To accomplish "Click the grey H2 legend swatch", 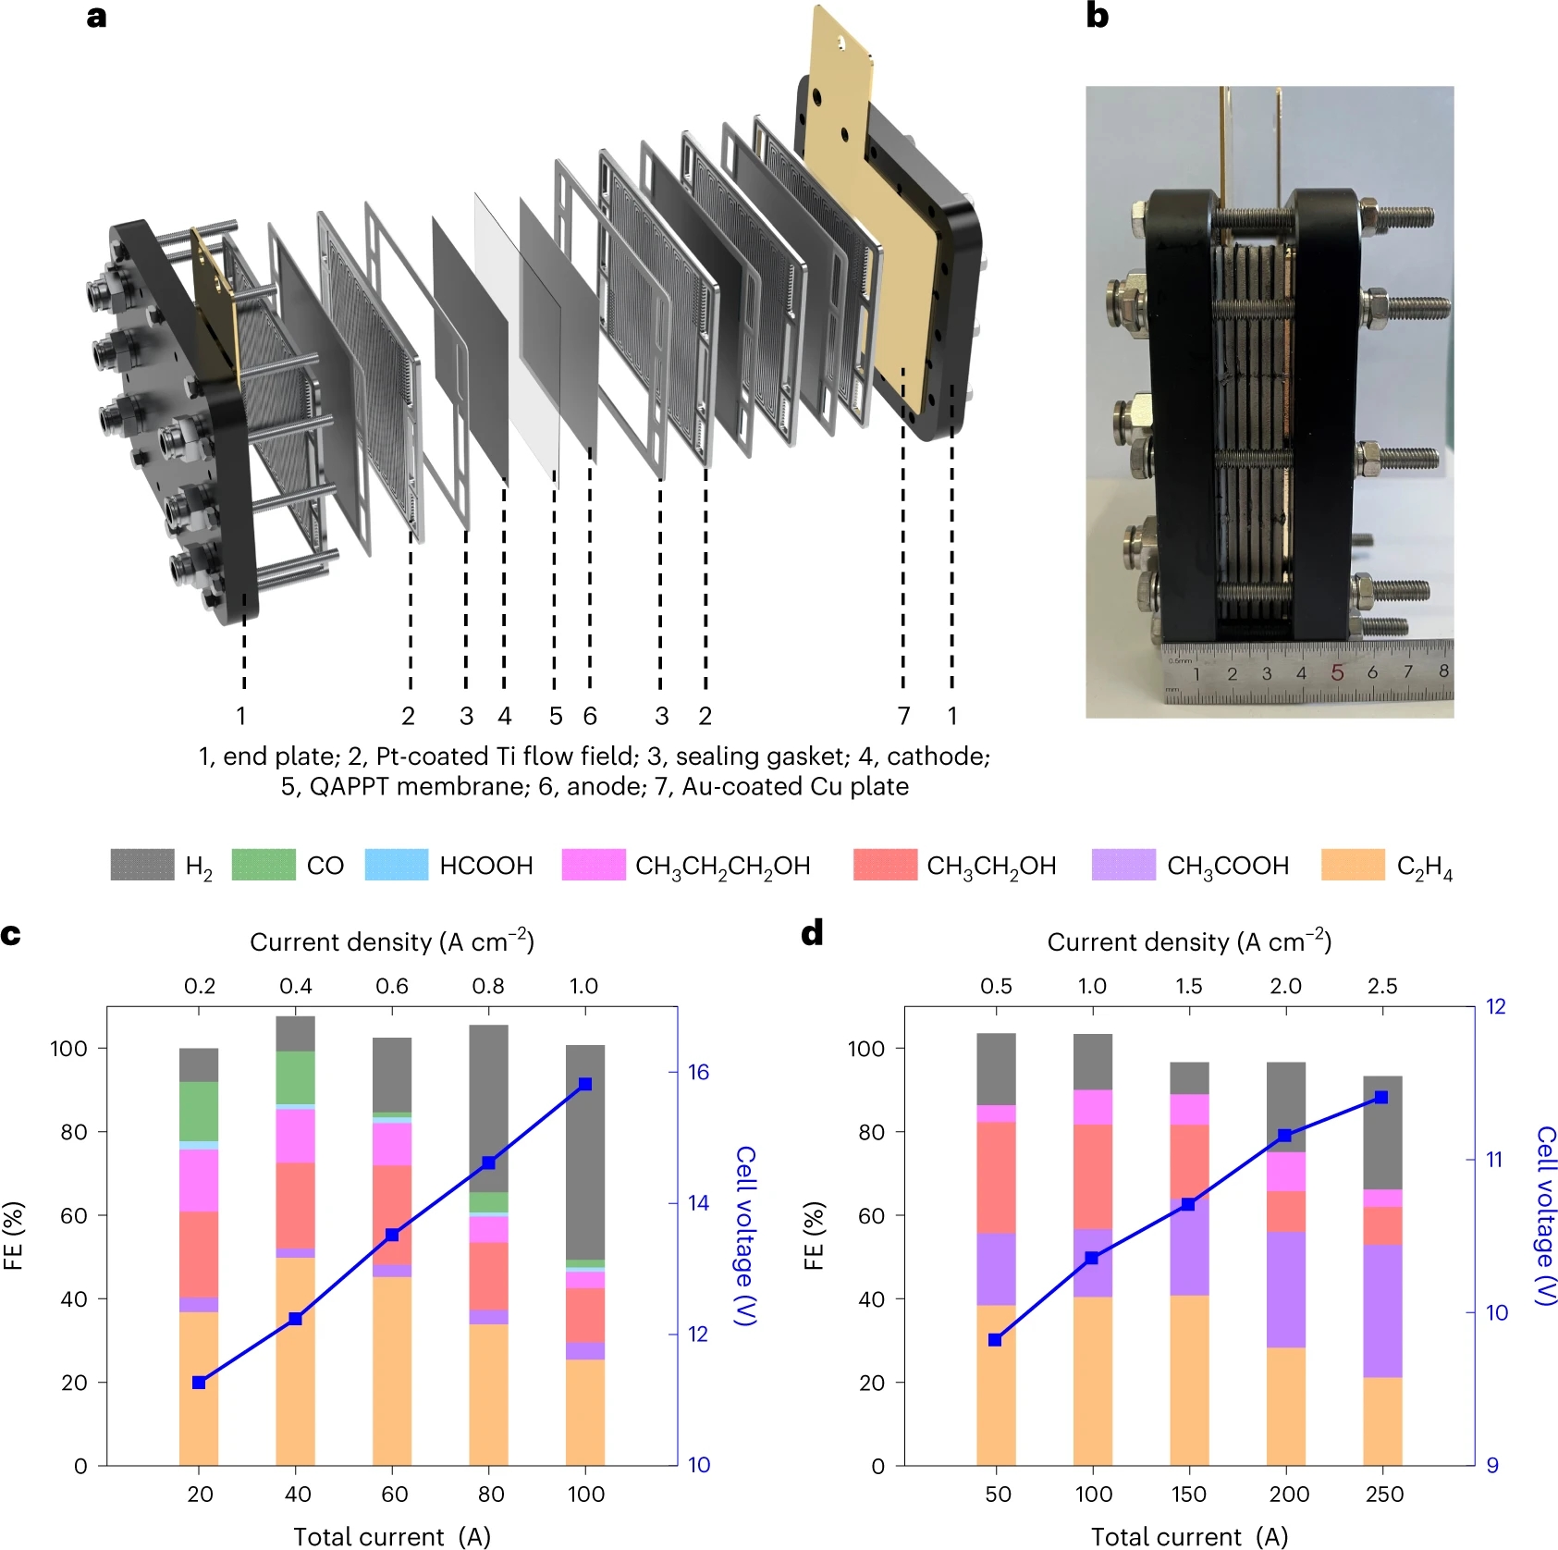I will tap(142, 865).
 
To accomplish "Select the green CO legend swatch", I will tap(264, 865).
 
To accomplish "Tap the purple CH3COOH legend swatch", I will tap(1123, 865).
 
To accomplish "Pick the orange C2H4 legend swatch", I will tap(1353, 865).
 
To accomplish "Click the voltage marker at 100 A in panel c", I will tap(584, 1084).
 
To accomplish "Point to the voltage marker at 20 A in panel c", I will tap(199, 1383).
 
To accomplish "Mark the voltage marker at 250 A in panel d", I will tap(1381, 1098).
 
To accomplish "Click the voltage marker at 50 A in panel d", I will tap(995, 1340).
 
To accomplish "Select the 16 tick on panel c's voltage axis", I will tap(698, 1073).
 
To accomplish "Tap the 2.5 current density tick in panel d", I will tap(1382, 986).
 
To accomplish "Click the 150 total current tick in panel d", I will tap(1189, 1495).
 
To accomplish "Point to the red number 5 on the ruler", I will tap(1337, 672).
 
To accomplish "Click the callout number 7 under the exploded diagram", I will tap(903, 716).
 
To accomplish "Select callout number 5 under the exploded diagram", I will tap(556, 716).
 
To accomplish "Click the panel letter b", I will tap(1097, 17).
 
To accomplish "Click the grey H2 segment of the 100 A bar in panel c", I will tap(584, 1151).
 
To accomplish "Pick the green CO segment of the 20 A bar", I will tap(199, 1112).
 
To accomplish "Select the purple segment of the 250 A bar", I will tap(1381, 1310).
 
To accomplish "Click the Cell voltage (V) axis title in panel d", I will tap(1544, 1215).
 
